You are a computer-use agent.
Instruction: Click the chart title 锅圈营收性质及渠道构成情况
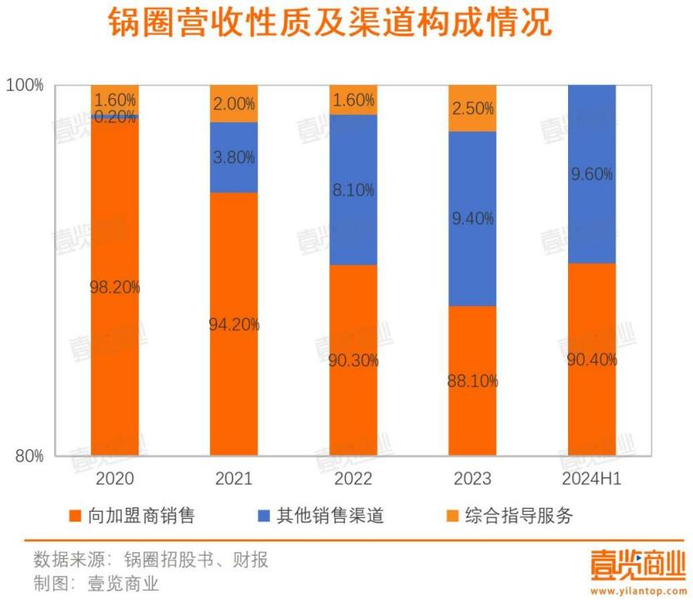tap(330, 22)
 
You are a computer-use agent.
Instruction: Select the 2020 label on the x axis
tap(115, 478)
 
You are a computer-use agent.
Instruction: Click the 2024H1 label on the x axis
tap(592, 478)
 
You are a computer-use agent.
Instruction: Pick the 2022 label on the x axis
tap(353, 478)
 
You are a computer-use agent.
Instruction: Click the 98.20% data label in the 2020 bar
tap(115, 288)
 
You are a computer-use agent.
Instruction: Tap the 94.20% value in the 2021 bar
tap(234, 324)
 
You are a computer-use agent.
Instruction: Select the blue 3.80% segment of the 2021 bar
tap(234, 158)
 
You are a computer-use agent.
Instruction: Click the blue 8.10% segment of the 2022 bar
tap(353, 190)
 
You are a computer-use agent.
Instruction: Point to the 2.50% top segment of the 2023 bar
tap(472, 108)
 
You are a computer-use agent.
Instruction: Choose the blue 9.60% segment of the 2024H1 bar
tap(592, 174)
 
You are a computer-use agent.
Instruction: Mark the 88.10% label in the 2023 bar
tap(472, 381)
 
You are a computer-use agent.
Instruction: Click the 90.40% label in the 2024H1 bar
tap(592, 360)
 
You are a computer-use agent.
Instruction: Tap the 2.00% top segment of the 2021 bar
tap(234, 104)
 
